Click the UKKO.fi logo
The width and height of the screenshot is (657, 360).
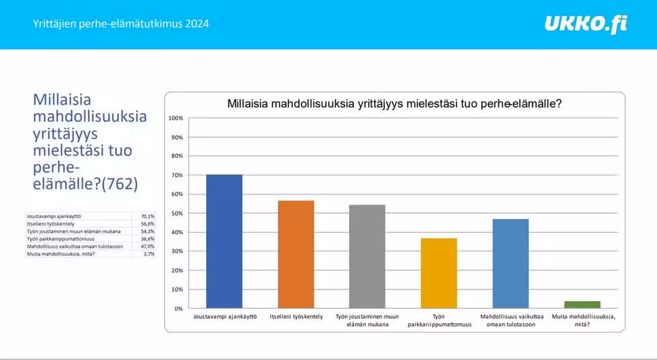(x=586, y=25)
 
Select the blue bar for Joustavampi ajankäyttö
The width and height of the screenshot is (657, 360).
(x=224, y=242)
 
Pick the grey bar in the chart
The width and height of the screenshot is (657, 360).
(x=368, y=257)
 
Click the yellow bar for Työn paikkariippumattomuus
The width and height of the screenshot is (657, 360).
(x=439, y=273)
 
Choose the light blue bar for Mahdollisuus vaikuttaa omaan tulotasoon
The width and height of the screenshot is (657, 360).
(x=511, y=263)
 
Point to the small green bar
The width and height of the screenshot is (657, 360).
(x=582, y=305)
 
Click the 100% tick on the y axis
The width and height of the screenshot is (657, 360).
(x=176, y=118)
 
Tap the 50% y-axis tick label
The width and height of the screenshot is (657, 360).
(x=177, y=214)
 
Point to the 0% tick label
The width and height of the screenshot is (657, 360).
(x=179, y=309)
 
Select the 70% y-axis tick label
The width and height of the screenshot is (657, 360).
(x=177, y=175)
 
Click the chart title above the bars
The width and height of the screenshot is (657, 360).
(x=394, y=104)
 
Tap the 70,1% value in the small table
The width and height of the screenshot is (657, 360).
(x=147, y=216)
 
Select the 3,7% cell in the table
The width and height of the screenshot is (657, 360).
(x=149, y=254)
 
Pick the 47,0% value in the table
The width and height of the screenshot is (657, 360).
(x=147, y=246)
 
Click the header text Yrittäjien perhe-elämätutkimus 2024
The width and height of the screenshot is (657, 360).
(x=121, y=24)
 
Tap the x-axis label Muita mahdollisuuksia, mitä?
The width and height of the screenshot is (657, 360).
(x=582, y=320)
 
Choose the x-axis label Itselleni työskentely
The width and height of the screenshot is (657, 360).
(x=296, y=317)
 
